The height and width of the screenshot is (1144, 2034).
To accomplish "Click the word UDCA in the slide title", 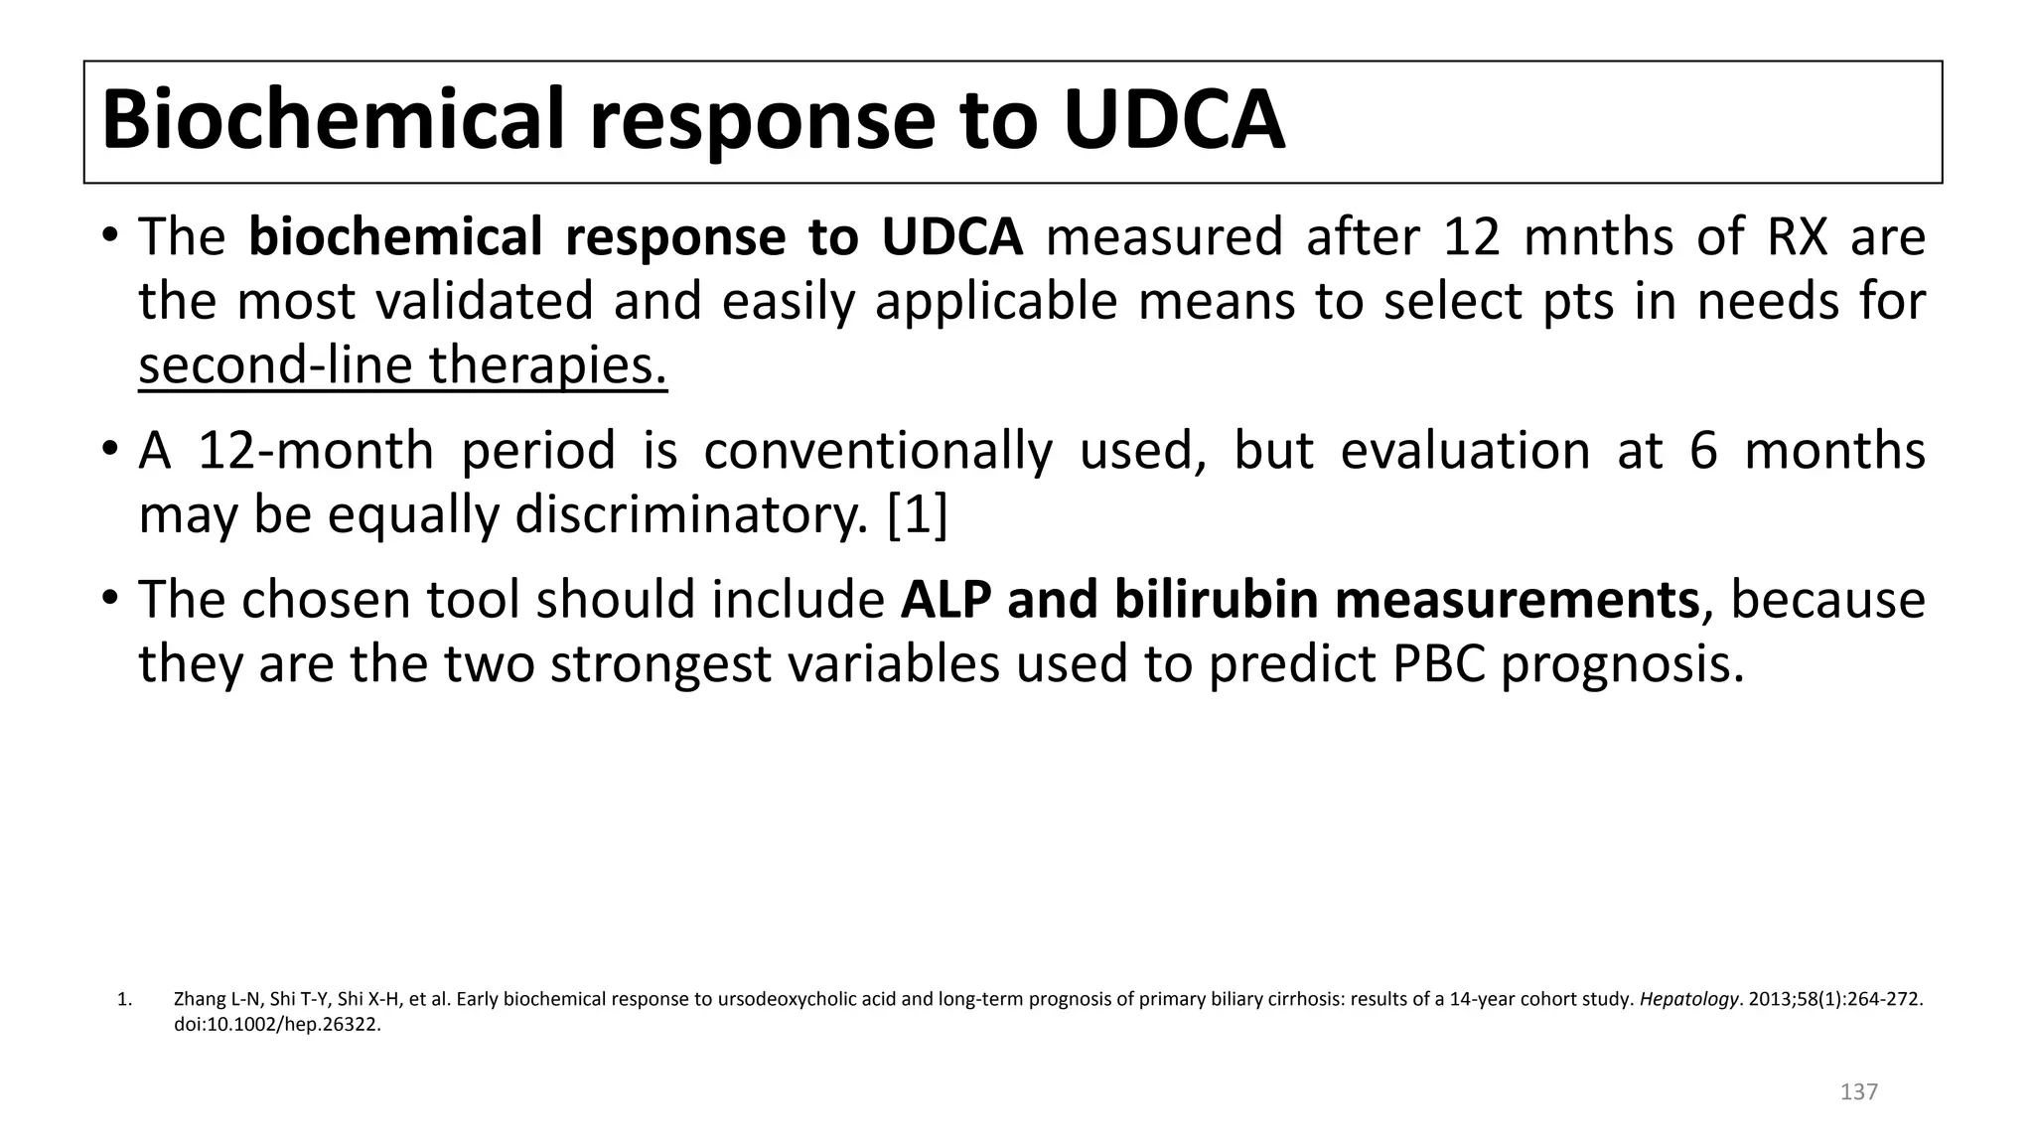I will click(1173, 121).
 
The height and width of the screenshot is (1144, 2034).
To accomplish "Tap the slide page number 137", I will click(1858, 1092).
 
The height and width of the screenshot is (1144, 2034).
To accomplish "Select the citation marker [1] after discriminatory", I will click(917, 515).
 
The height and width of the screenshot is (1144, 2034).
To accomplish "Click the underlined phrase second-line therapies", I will click(402, 365).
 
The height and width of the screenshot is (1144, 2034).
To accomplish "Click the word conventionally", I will click(877, 451).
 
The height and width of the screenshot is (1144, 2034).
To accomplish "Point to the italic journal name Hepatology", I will click(1687, 999).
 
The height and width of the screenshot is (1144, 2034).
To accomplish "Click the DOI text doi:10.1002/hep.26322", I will click(277, 1025).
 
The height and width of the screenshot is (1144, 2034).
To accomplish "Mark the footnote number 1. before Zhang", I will click(124, 999).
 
